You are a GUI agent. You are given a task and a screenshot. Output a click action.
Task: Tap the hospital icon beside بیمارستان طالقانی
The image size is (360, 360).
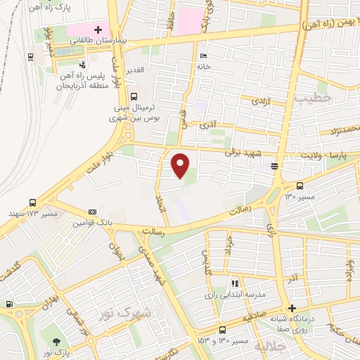[98, 30]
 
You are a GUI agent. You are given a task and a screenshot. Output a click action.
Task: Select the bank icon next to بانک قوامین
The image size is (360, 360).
[92, 212]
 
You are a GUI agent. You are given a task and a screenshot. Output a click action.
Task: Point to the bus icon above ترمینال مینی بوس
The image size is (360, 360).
[134, 98]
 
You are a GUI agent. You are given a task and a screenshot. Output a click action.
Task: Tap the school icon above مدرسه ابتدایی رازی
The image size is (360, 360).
[234, 283]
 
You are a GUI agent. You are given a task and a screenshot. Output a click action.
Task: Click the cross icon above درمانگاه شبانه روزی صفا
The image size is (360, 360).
[292, 308]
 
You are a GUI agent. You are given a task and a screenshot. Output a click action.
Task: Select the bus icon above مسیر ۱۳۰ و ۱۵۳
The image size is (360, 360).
[222, 329]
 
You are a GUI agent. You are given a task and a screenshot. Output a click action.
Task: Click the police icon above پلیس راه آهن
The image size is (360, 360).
[83, 65]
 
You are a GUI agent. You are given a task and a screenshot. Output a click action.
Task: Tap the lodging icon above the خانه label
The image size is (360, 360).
[203, 56]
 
